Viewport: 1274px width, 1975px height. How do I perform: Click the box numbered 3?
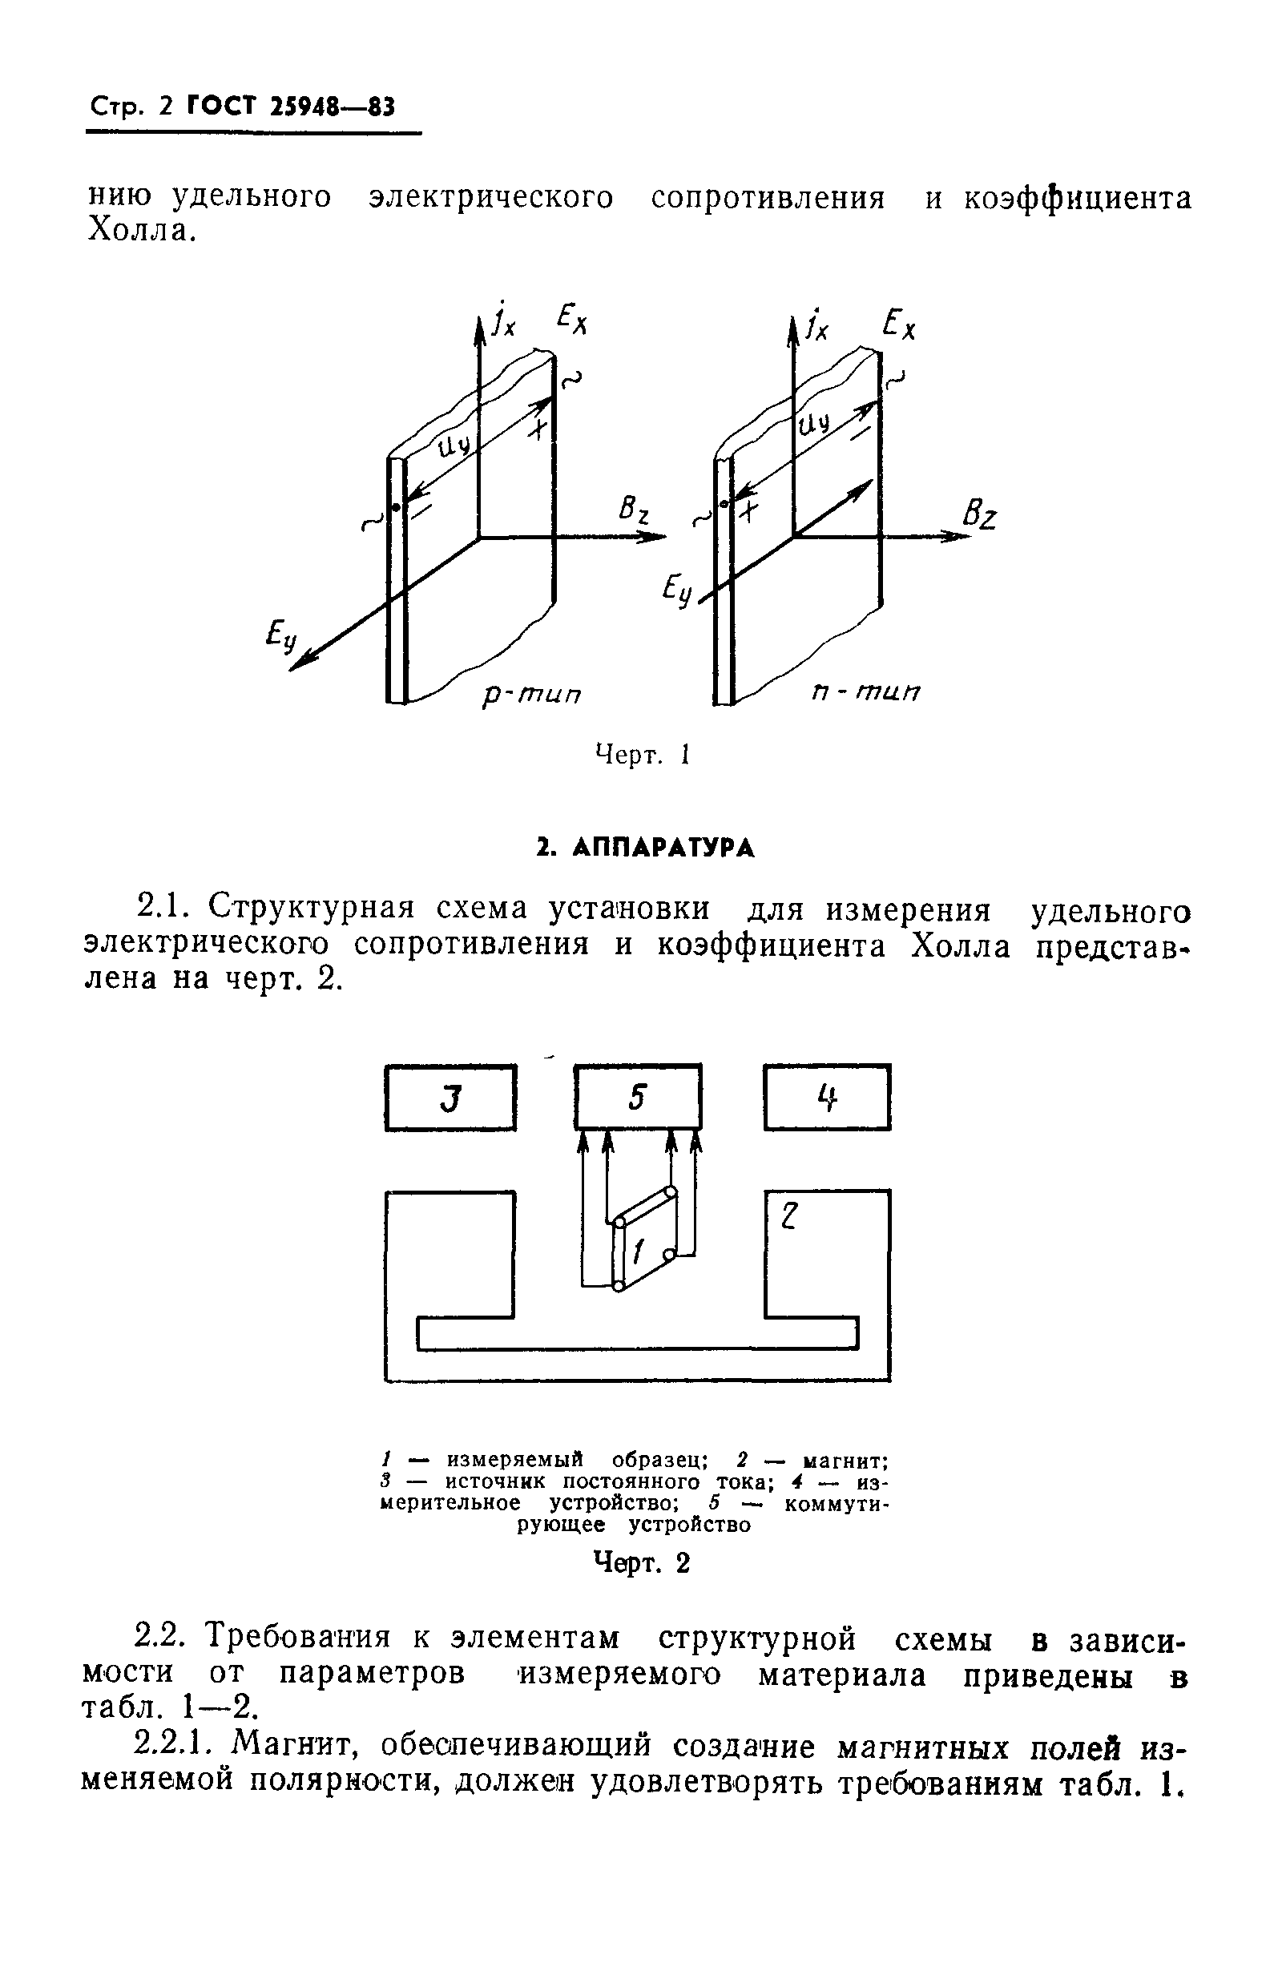click(450, 1098)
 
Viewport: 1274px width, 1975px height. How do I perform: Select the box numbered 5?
click(637, 1098)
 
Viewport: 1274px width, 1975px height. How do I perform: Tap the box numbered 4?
click(827, 1098)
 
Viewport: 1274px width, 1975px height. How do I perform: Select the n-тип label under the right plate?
click(865, 691)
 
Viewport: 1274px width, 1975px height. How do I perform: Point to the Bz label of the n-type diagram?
click(979, 516)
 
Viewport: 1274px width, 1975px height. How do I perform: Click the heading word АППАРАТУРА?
click(663, 848)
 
